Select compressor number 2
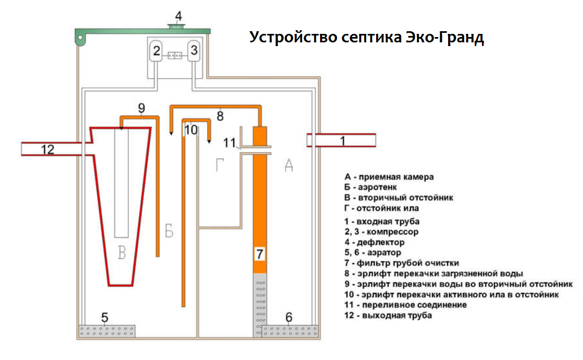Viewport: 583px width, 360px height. (156, 51)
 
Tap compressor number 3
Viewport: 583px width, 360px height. (194, 51)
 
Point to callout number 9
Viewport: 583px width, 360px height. (141, 108)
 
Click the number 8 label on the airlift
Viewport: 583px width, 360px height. (221, 116)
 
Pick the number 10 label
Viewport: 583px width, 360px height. (191, 129)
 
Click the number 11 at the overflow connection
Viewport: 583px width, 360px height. (229, 142)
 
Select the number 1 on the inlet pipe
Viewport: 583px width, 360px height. (342, 141)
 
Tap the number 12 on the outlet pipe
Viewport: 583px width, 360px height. (48, 149)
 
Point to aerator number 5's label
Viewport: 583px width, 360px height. (105, 318)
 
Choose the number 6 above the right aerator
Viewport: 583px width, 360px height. (288, 317)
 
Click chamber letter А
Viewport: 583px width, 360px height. (289, 166)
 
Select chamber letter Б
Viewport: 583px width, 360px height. (168, 231)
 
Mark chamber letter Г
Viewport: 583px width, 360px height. (221, 166)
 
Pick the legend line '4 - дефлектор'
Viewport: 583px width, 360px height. (374, 242)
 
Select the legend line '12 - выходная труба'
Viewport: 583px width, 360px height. (387, 316)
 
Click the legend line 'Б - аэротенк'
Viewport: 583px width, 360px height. (372, 187)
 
